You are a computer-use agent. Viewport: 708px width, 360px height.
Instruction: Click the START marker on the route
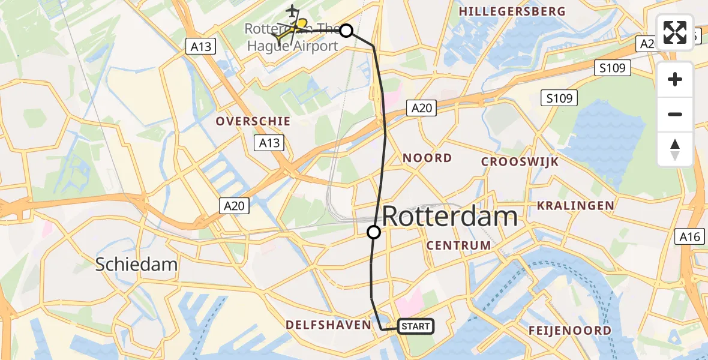[x=415, y=326]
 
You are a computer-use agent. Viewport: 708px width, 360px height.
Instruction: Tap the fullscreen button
[x=675, y=32]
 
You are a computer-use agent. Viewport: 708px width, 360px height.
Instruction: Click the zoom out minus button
[x=675, y=114]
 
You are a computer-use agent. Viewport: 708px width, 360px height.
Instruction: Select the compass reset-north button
[x=675, y=149]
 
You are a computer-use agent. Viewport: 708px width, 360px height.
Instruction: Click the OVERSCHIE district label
[x=253, y=121]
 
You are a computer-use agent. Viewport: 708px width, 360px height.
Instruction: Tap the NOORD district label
[x=427, y=158]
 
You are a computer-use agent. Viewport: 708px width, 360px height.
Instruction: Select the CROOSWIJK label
[x=520, y=161]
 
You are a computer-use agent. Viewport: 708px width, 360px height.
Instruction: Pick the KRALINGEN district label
[x=575, y=205]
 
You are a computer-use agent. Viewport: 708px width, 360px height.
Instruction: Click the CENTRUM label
[x=458, y=245]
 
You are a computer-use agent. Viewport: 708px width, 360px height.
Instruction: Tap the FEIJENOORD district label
[x=569, y=330]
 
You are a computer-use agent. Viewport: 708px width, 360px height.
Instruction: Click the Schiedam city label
[x=136, y=264]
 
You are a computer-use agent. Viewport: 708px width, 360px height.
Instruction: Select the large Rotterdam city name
[x=449, y=216]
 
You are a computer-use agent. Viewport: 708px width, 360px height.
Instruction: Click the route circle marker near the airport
[x=346, y=30]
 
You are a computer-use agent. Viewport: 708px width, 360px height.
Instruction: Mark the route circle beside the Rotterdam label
[x=374, y=232]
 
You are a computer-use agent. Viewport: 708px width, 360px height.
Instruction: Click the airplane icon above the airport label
[x=292, y=11]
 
